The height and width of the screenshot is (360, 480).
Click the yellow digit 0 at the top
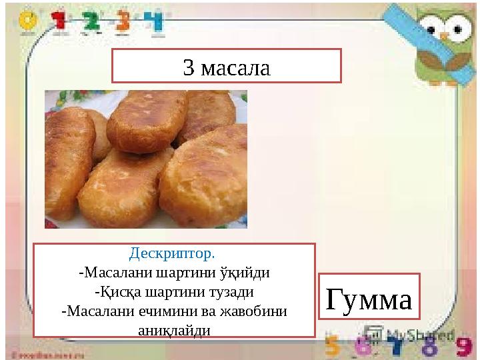click(27, 21)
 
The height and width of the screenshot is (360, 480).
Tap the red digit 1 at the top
click(61, 21)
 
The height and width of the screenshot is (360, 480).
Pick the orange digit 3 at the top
click(123, 21)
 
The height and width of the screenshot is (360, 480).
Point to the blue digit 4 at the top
click(155, 21)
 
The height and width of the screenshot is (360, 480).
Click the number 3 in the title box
click(189, 67)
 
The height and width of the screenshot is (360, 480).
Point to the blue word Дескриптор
click(173, 254)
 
